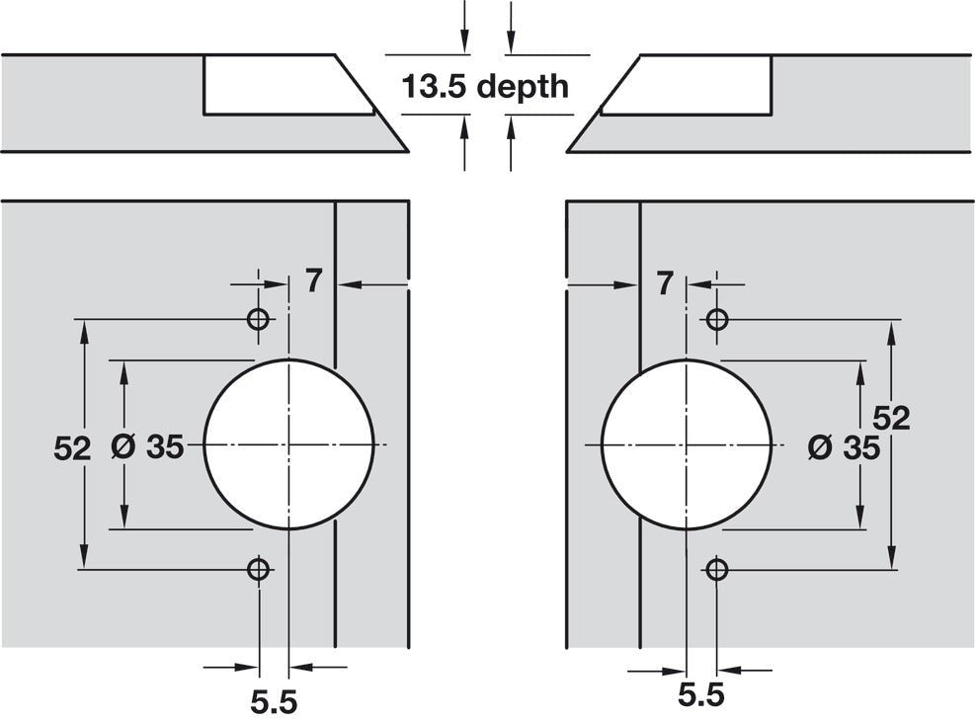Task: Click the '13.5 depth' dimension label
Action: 484,86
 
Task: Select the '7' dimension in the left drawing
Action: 313,282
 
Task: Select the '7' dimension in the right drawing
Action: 664,283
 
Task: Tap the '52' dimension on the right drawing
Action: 890,418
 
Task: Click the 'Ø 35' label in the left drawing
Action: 148,447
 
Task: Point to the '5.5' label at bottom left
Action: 274,702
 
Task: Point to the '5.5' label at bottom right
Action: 701,694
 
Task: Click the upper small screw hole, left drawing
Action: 259,320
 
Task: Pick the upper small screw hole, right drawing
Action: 717,320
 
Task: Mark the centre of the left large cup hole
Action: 288,444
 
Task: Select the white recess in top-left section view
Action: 282,85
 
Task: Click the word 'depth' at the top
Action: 523,87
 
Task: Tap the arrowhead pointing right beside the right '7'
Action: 628,284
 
